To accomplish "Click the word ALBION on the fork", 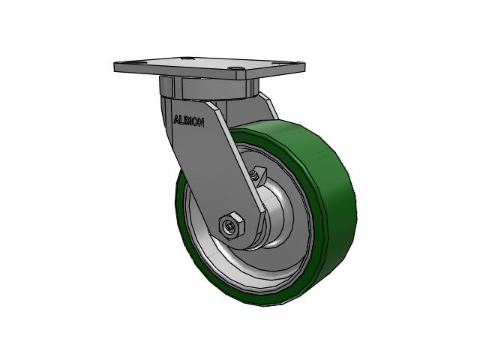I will pyautogui.click(x=188, y=120).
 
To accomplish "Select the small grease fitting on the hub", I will pyautogui.click(x=256, y=174).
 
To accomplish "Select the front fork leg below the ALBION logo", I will pyautogui.click(x=225, y=172).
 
